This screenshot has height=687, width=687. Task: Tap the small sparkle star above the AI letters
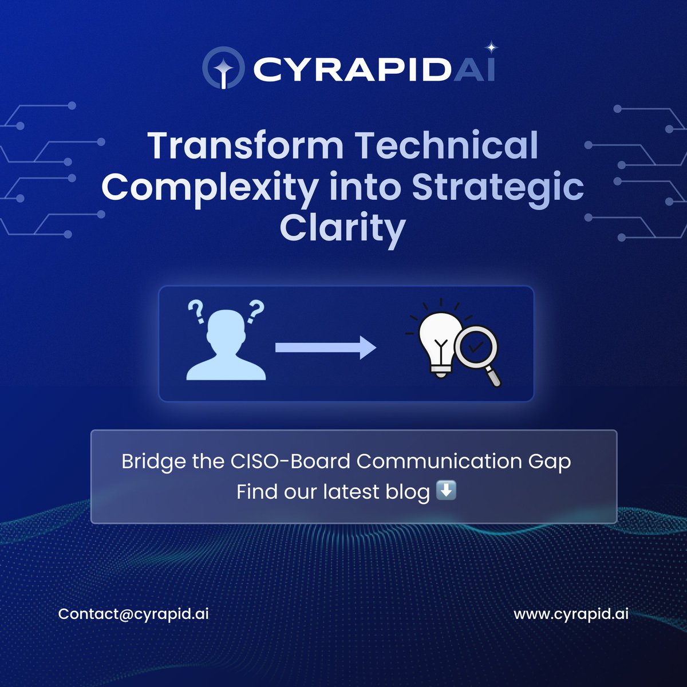click(x=491, y=48)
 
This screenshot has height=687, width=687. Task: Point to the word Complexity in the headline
click(x=210, y=188)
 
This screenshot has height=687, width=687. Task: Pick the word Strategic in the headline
click(x=498, y=188)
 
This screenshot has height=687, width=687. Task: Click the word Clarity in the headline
click(x=342, y=229)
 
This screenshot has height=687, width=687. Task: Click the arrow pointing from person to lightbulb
click(x=325, y=348)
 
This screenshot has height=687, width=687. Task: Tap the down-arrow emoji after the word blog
click(x=447, y=491)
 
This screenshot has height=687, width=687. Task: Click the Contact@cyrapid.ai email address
click(x=133, y=614)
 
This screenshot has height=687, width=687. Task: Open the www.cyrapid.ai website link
click(x=571, y=614)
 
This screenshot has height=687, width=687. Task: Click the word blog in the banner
click(x=406, y=492)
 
